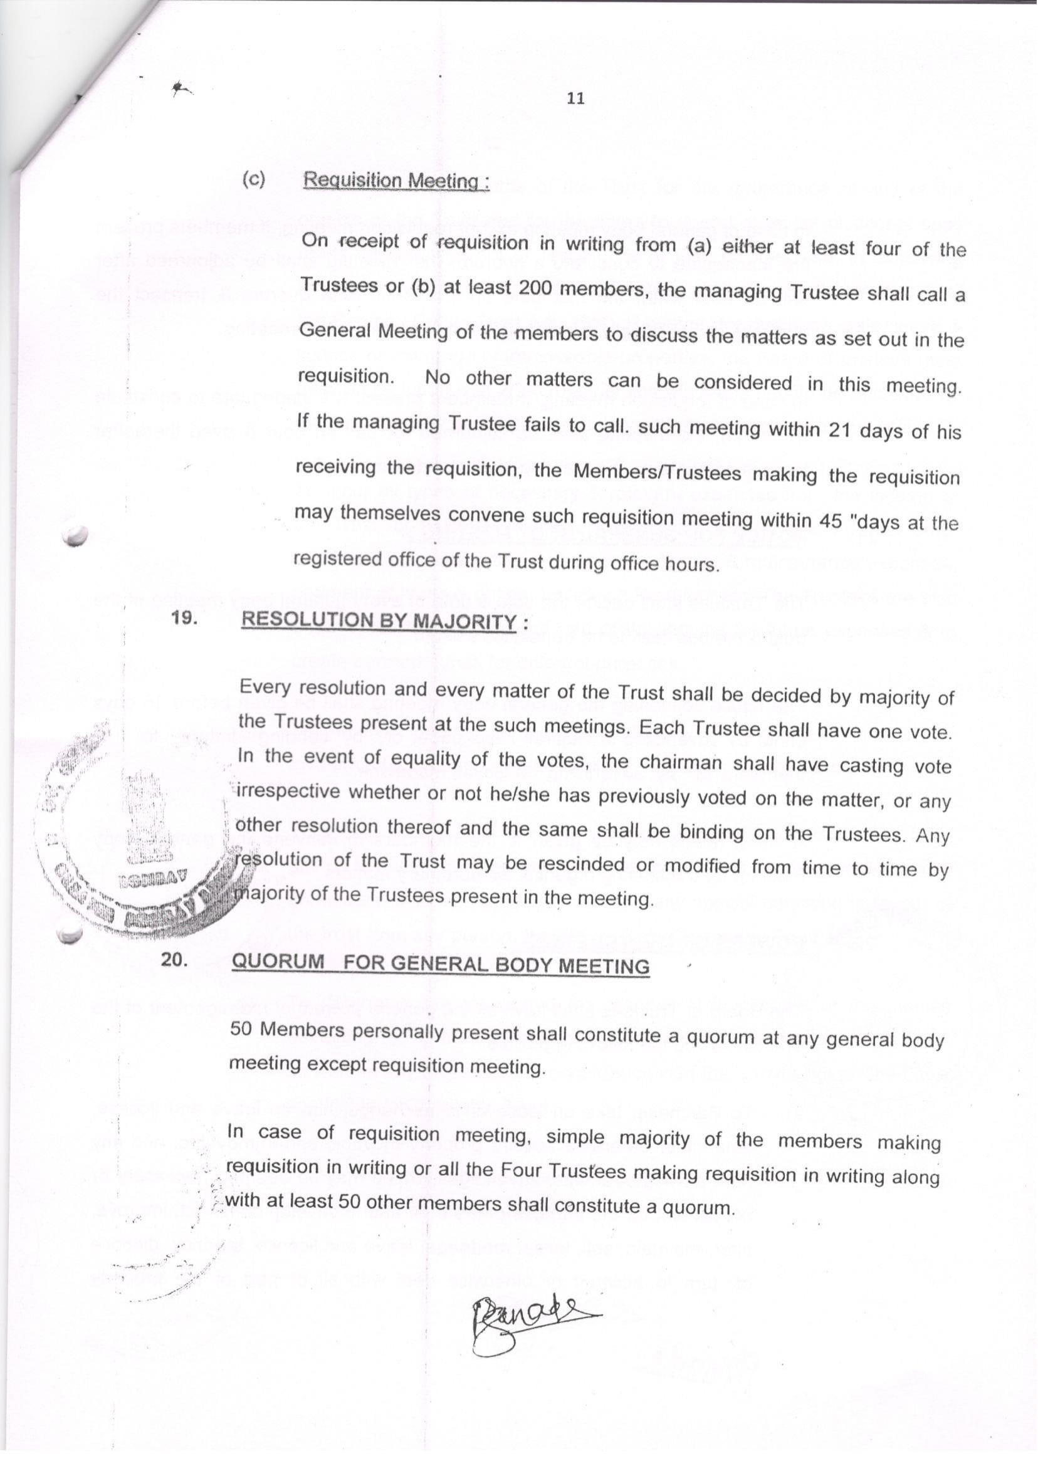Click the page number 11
(575, 98)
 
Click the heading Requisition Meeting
(396, 181)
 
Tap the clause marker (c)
(253, 180)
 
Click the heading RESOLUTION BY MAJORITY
(379, 621)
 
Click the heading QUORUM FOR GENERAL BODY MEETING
(441, 964)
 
